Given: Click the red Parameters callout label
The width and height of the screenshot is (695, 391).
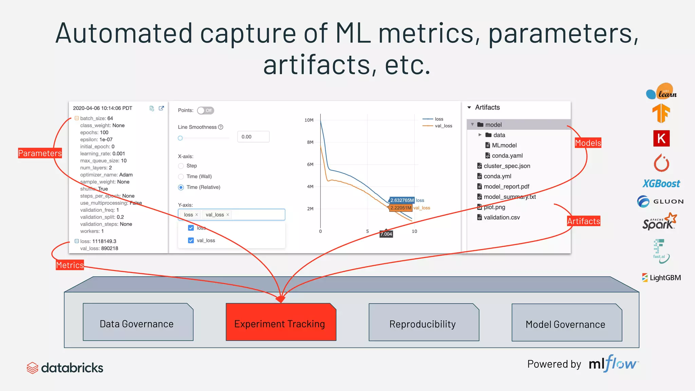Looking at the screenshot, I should tap(40, 153).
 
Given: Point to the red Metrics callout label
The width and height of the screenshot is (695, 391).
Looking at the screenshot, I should tap(70, 265).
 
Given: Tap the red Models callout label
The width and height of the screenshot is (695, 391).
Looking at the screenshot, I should tap(588, 143).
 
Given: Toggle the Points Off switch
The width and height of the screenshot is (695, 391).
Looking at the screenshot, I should tap(205, 110).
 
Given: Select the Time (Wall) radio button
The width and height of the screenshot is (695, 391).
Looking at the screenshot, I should tap(181, 176).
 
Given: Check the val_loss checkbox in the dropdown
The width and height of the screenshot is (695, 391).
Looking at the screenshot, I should tap(191, 240).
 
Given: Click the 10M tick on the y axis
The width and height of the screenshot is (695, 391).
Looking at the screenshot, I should tap(309, 120).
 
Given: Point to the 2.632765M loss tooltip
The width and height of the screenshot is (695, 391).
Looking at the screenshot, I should tap(402, 200).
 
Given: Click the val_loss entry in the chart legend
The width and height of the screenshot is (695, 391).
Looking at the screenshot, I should tap(443, 126).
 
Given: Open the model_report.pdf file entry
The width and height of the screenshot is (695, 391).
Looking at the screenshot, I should tap(506, 186).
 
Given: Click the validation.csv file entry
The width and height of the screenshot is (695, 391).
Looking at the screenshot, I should tap(501, 217).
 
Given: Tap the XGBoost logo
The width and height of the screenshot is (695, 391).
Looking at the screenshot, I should tap(661, 184).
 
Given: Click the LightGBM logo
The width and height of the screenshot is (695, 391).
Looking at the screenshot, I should tap(661, 278).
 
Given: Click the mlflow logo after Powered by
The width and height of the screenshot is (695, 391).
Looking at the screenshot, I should tap(614, 364).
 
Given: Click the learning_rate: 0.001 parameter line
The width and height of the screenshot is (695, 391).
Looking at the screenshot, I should tap(102, 153).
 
